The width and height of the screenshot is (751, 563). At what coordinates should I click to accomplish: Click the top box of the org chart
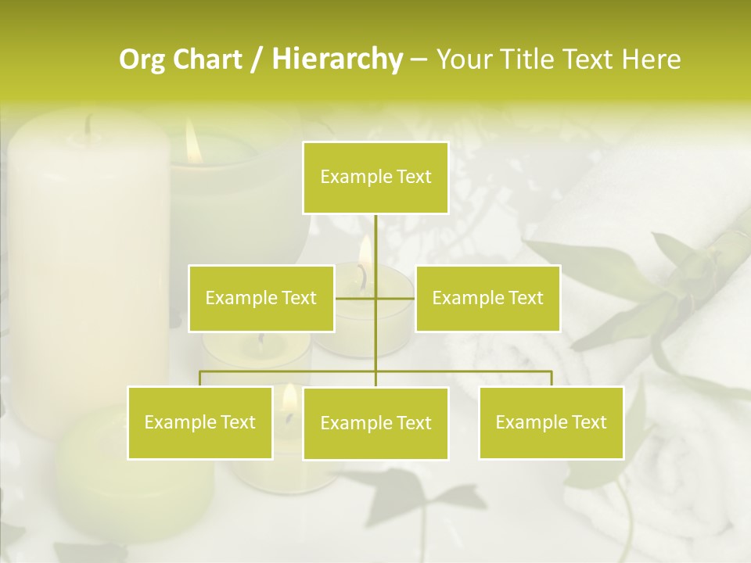tap(375, 178)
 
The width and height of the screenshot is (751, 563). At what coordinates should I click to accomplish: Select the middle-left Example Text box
tap(261, 298)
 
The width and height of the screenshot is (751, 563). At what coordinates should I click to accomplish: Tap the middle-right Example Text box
tap(487, 298)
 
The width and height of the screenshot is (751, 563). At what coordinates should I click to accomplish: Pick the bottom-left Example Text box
tap(200, 422)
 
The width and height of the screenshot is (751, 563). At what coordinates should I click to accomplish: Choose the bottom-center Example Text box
tap(375, 423)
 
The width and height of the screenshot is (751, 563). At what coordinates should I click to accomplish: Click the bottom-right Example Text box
tap(551, 422)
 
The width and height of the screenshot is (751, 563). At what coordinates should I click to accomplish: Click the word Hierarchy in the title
tap(336, 59)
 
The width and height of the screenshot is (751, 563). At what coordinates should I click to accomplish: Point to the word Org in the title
tap(142, 59)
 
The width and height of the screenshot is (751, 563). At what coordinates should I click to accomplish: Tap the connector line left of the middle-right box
tap(396, 298)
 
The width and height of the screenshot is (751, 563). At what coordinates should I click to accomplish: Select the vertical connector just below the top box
tap(375, 235)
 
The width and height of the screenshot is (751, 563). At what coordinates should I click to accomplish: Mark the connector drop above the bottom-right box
tap(551, 378)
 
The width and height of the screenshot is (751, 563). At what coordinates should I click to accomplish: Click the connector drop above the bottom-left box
tap(200, 378)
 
